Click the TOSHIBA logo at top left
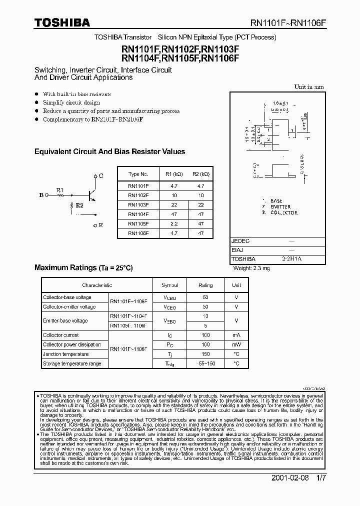tap(62, 22)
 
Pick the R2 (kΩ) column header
tap(201, 174)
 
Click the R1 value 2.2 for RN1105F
tap(174, 223)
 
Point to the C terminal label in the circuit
tap(101, 176)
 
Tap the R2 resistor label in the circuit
tap(79, 205)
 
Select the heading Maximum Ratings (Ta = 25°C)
tap(83, 268)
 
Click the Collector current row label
tap(61, 335)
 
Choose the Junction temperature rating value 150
tap(205, 354)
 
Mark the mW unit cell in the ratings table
tap(236, 345)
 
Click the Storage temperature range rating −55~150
tap(205, 364)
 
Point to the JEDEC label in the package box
tap(240, 241)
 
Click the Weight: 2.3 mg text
tap(252, 268)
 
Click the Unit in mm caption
tap(309, 87)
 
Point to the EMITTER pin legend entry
tap(280, 206)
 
